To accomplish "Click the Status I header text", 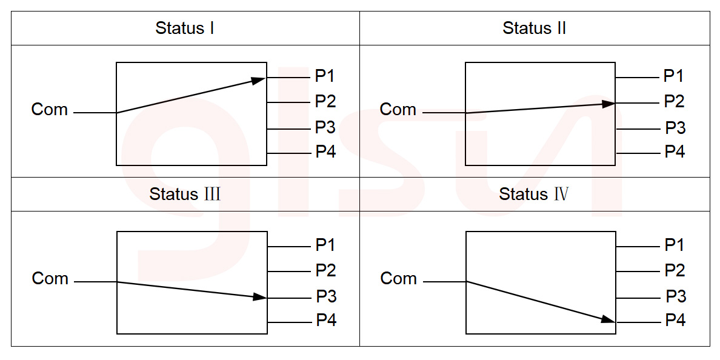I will pyautogui.click(x=185, y=28).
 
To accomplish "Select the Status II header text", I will pyautogui.click(x=535, y=28).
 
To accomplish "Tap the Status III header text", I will pyautogui.click(x=185, y=194).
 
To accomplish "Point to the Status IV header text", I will pyautogui.click(x=534, y=194).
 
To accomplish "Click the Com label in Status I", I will pyautogui.click(x=50, y=110).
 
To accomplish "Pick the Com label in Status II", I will pyautogui.click(x=398, y=110).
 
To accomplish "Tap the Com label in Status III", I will pyautogui.click(x=50, y=279).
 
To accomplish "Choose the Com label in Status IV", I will pyautogui.click(x=399, y=279).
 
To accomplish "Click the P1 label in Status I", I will pyautogui.click(x=325, y=76).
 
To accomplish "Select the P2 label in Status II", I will pyautogui.click(x=674, y=101).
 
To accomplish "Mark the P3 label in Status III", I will pyautogui.click(x=326, y=296).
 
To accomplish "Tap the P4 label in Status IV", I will pyautogui.click(x=675, y=320).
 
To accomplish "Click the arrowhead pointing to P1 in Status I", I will pyautogui.click(x=259, y=79).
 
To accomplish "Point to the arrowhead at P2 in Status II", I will pyautogui.click(x=608, y=104).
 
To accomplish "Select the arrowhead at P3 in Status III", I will pyautogui.click(x=259, y=297).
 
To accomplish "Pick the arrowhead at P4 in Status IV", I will pyautogui.click(x=608, y=319).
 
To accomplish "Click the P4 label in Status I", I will pyautogui.click(x=325, y=152).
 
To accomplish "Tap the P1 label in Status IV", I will pyautogui.click(x=675, y=245).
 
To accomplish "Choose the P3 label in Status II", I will pyautogui.click(x=675, y=128).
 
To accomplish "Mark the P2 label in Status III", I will pyautogui.click(x=325, y=270).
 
